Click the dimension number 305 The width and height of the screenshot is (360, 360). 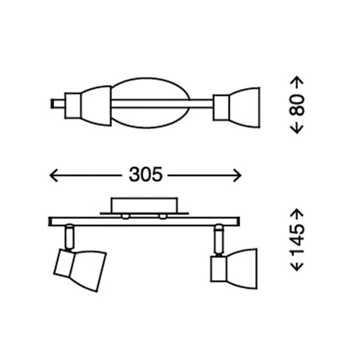point(146,174)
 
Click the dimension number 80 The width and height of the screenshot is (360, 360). point(297,105)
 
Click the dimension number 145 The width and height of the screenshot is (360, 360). point(297,240)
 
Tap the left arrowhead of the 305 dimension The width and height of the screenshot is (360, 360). point(53,175)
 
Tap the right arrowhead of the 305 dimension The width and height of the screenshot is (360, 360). point(238,175)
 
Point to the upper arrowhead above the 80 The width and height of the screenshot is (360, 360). point(297,80)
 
